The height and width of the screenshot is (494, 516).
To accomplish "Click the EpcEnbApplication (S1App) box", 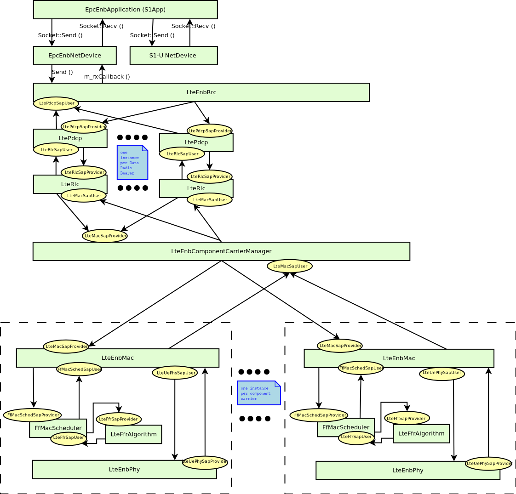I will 125,10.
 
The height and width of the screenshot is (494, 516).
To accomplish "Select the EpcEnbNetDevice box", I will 75,56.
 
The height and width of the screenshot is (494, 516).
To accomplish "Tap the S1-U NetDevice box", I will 173,56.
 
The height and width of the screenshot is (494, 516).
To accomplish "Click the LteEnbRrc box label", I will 201,92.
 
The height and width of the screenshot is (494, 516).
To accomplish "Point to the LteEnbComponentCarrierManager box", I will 221,251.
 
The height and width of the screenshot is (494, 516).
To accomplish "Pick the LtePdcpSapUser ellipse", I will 56,103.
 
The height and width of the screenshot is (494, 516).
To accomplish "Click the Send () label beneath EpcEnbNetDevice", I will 63,72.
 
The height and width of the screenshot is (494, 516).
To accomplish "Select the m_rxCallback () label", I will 107,77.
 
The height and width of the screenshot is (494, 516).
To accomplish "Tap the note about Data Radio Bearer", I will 132,162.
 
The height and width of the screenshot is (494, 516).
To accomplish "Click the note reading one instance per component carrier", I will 258,393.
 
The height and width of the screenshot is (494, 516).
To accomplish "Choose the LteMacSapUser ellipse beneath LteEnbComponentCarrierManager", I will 290,266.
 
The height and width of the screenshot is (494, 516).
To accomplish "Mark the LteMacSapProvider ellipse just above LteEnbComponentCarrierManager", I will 105,236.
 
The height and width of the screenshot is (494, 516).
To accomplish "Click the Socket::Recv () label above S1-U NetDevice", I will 193,26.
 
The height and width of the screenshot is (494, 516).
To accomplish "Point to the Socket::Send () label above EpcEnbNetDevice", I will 60,35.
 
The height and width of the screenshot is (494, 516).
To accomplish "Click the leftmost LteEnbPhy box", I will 124,470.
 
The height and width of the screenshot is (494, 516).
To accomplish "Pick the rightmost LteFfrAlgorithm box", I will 421,433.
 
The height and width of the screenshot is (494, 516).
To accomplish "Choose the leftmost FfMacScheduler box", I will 58,427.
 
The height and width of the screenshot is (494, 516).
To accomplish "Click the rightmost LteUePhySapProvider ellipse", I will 488,464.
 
